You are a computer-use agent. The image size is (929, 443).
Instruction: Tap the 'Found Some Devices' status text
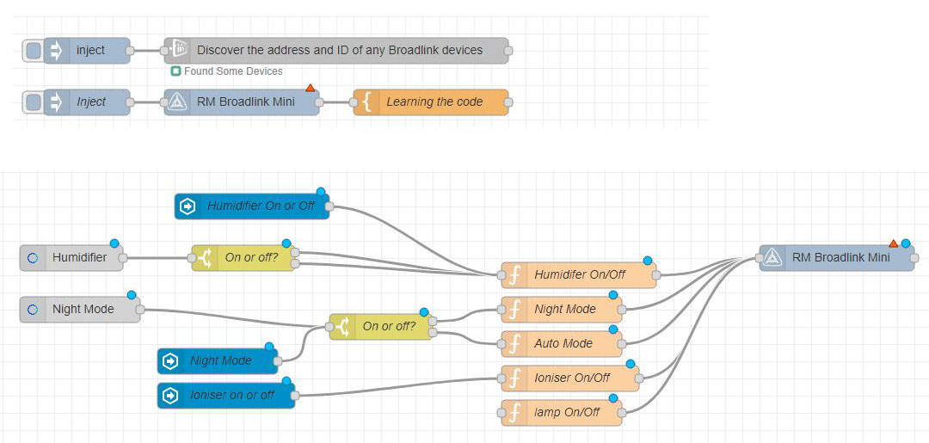[233, 71]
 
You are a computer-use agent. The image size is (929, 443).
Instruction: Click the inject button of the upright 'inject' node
[33, 51]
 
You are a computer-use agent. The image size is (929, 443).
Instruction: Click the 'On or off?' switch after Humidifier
[243, 257]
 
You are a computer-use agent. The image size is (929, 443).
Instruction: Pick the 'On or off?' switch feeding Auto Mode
[380, 327]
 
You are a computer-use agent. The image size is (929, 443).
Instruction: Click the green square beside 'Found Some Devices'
[175, 71]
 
